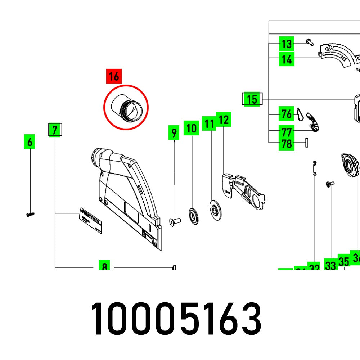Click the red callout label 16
click(114, 76)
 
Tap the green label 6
click(30, 142)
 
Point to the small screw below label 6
click(30, 215)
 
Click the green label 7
click(54, 130)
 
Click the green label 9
click(174, 133)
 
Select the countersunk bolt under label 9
click(175, 222)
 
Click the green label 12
click(223, 120)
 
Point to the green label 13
click(287, 44)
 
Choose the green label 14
click(287, 59)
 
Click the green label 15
click(252, 99)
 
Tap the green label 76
click(287, 114)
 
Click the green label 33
click(330, 265)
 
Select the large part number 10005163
click(175, 320)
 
